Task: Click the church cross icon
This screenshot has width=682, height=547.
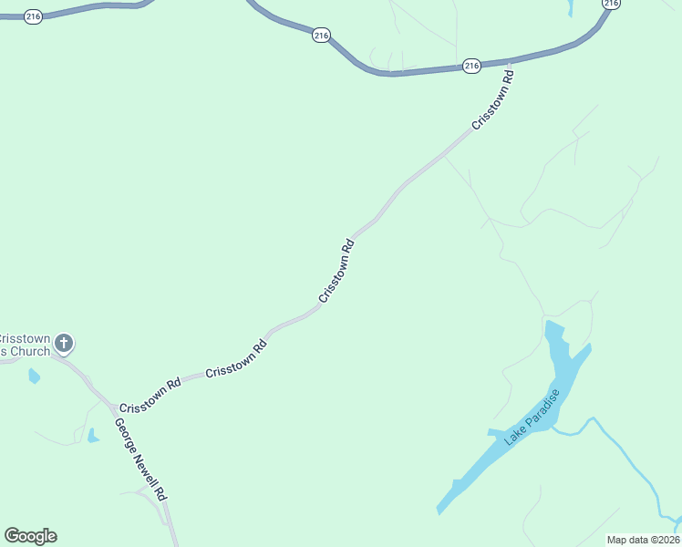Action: [x=63, y=344]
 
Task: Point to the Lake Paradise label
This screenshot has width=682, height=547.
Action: [x=532, y=418]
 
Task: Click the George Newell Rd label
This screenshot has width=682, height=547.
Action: [x=140, y=459]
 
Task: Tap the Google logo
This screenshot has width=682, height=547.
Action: [x=30, y=536]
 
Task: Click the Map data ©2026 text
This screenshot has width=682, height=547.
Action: [x=643, y=540]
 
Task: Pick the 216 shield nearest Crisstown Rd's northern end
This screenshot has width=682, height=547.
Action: [x=470, y=66]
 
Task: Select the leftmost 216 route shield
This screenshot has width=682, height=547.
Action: [x=34, y=16]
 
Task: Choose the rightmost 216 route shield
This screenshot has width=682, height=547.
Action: [x=611, y=4]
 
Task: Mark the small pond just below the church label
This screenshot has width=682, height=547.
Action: [x=34, y=376]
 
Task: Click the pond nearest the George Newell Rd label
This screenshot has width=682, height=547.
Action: [x=93, y=436]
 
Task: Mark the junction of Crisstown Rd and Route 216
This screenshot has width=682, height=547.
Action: [x=511, y=63]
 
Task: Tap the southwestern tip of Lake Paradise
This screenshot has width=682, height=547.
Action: [x=440, y=511]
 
